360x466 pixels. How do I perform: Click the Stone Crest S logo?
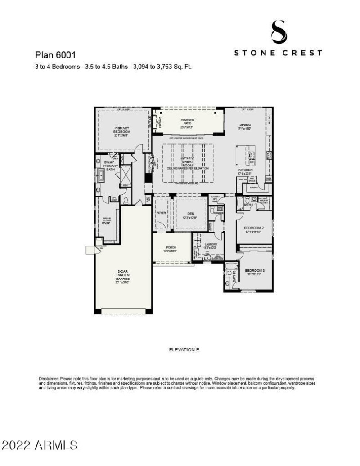[278, 31]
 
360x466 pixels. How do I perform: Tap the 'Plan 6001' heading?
[55, 55]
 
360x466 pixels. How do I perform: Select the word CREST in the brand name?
[301, 53]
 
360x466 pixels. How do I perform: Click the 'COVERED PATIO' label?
[188, 122]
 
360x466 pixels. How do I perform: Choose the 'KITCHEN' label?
[245, 170]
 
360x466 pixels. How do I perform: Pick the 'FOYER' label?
[161, 212]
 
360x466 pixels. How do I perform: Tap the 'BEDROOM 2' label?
[254, 229]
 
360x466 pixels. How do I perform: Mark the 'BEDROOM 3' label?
[255, 271]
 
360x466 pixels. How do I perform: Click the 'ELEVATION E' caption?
[184, 349]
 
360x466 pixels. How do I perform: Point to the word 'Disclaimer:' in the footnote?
[49, 379]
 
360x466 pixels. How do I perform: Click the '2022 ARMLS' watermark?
[40, 445]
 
